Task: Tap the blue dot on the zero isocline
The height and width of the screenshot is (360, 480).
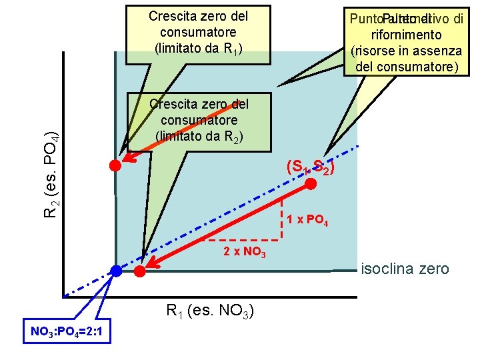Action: point(117,271)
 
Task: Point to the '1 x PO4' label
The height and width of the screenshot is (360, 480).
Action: point(307,221)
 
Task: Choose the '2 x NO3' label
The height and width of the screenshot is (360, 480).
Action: point(245,251)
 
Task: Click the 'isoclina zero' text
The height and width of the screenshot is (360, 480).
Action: point(405,269)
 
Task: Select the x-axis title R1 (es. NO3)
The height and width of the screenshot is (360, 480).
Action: point(208,310)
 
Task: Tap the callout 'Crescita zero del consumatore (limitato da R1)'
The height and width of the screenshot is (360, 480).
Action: point(199,31)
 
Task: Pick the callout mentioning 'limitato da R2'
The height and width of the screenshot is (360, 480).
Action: point(199,121)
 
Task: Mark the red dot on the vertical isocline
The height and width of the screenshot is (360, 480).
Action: point(115,165)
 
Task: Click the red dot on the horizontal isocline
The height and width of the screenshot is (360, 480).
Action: point(139,271)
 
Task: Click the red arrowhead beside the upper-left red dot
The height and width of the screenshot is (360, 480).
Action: point(128,159)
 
